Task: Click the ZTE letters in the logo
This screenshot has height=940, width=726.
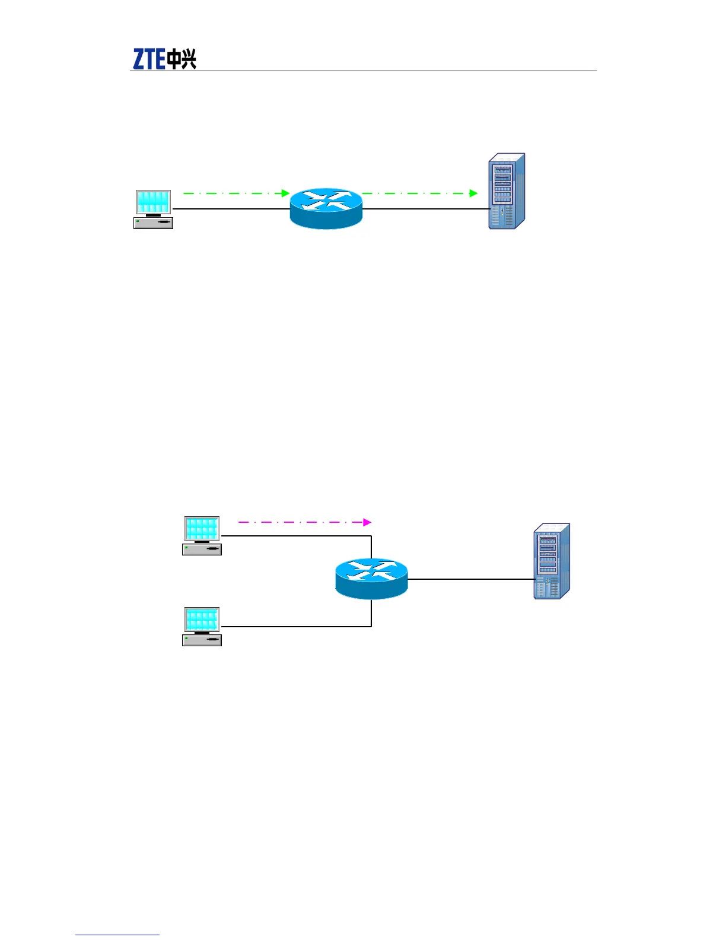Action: click(x=149, y=59)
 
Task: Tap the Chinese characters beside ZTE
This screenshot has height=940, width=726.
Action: click(x=181, y=59)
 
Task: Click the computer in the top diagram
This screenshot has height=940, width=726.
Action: click(x=153, y=209)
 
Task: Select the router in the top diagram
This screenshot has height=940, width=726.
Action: click(x=326, y=208)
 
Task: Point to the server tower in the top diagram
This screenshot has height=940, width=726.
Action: click(x=507, y=192)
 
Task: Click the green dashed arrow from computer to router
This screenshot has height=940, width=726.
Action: click(x=235, y=193)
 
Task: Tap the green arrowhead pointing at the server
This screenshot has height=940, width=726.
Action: click(x=473, y=193)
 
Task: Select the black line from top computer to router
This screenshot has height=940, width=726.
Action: click(x=231, y=209)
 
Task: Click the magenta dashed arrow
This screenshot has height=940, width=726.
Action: click(x=302, y=522)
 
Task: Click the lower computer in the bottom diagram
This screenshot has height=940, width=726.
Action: click(x=202, y=626)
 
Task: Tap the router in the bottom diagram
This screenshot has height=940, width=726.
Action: click(x=371, y=578)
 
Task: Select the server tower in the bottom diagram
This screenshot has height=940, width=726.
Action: click(x=552, y=561)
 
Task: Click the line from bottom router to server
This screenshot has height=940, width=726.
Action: click(x=472, y=579)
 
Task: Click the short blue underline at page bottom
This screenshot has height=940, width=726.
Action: click(x=117, y=935)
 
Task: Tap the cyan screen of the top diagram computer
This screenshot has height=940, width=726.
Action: click(x=153, y=202)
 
